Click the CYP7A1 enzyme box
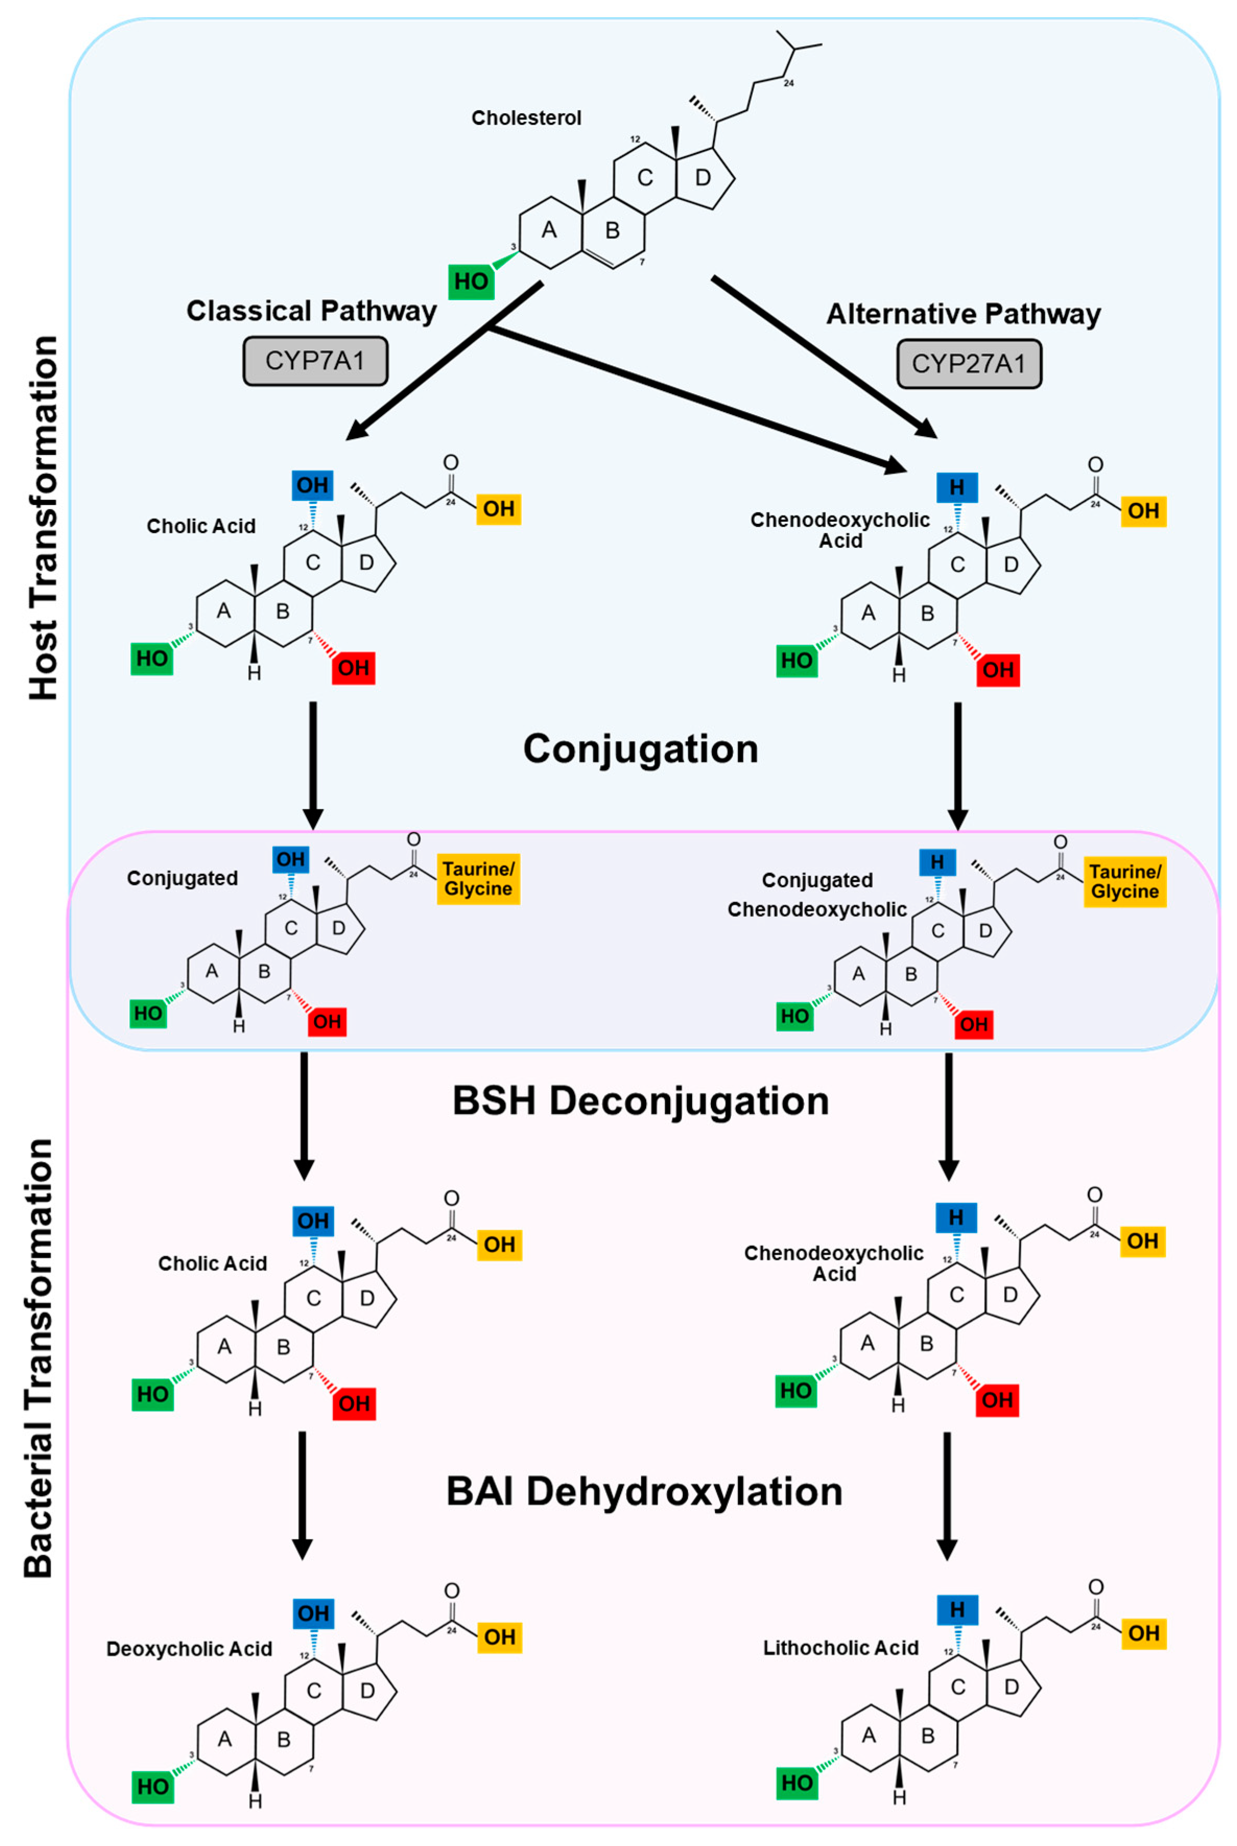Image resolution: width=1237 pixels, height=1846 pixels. point(315,361)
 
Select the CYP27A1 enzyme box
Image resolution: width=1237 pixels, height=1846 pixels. point(969,364)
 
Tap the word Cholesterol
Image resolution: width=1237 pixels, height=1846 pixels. point(526,117)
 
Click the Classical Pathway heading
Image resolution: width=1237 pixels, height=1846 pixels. point(311,311)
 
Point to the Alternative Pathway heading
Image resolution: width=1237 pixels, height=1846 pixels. point(964,314)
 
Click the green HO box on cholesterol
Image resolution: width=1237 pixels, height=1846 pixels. point(471,282)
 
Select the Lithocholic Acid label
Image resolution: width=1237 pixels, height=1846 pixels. point(840,1648)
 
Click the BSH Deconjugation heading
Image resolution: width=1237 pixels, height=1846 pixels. point(640,1101)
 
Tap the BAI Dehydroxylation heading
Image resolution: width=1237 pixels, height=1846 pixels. point(644,1491)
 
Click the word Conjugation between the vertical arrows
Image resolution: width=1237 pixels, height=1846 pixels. point(640,749)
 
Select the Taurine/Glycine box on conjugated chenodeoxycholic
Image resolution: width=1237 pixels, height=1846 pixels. point(1124,881)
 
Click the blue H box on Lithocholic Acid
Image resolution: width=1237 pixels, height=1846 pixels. point(957,1610)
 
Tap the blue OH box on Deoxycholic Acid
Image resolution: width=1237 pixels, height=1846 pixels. point(313,1613)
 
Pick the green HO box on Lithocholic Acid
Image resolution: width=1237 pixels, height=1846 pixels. point(796,1783)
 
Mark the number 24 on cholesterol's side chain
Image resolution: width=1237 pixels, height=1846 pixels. point(788,83)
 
